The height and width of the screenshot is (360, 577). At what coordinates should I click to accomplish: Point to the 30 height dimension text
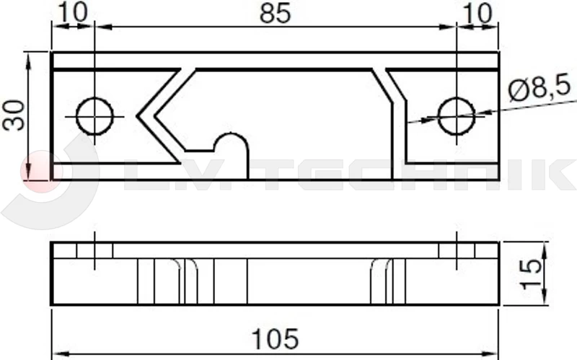click(x=14, y=115)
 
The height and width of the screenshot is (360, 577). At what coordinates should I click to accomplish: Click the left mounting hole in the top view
click(x=95, y=116)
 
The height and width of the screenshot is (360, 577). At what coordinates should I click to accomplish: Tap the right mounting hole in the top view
click(x=456, y=115)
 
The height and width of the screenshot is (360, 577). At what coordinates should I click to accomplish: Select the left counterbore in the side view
click(x=95, y=250)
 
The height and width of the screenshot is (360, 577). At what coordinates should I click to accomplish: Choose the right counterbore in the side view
click(x=457, y=250)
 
